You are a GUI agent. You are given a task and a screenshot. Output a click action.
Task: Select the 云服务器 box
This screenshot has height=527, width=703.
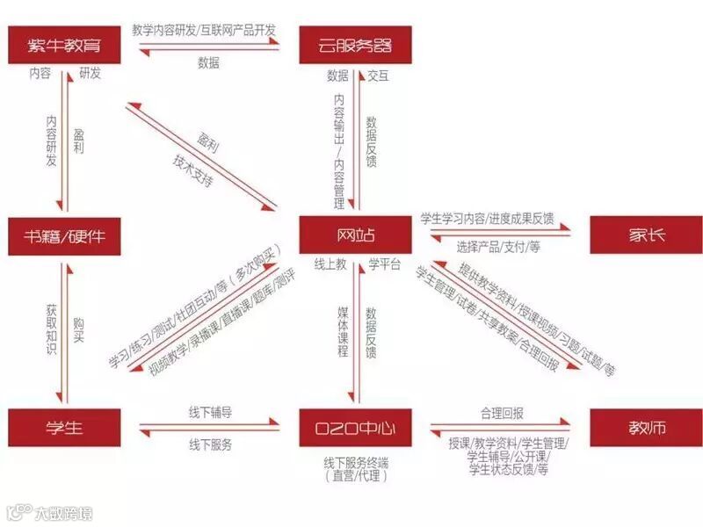coord(354,43)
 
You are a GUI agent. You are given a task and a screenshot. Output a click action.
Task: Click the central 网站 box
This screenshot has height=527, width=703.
coord(354,235)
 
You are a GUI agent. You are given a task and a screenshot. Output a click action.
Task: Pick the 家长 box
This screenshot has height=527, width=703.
coord(646,235)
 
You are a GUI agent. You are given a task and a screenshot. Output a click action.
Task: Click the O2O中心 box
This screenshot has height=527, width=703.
coord(354,428)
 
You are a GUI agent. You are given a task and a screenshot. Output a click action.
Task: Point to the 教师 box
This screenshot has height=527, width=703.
coord(646,428)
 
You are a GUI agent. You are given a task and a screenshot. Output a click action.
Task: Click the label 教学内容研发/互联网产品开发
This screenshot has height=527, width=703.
coord(206,29)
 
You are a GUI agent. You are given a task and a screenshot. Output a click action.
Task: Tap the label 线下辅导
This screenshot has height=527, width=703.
coord(210,412)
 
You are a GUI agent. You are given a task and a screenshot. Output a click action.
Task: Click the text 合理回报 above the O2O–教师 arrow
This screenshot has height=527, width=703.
coord(502,412)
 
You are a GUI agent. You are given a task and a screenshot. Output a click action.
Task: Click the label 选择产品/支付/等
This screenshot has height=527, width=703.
coord(498,248)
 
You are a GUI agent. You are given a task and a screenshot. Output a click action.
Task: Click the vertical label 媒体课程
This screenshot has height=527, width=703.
coord(343,332)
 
